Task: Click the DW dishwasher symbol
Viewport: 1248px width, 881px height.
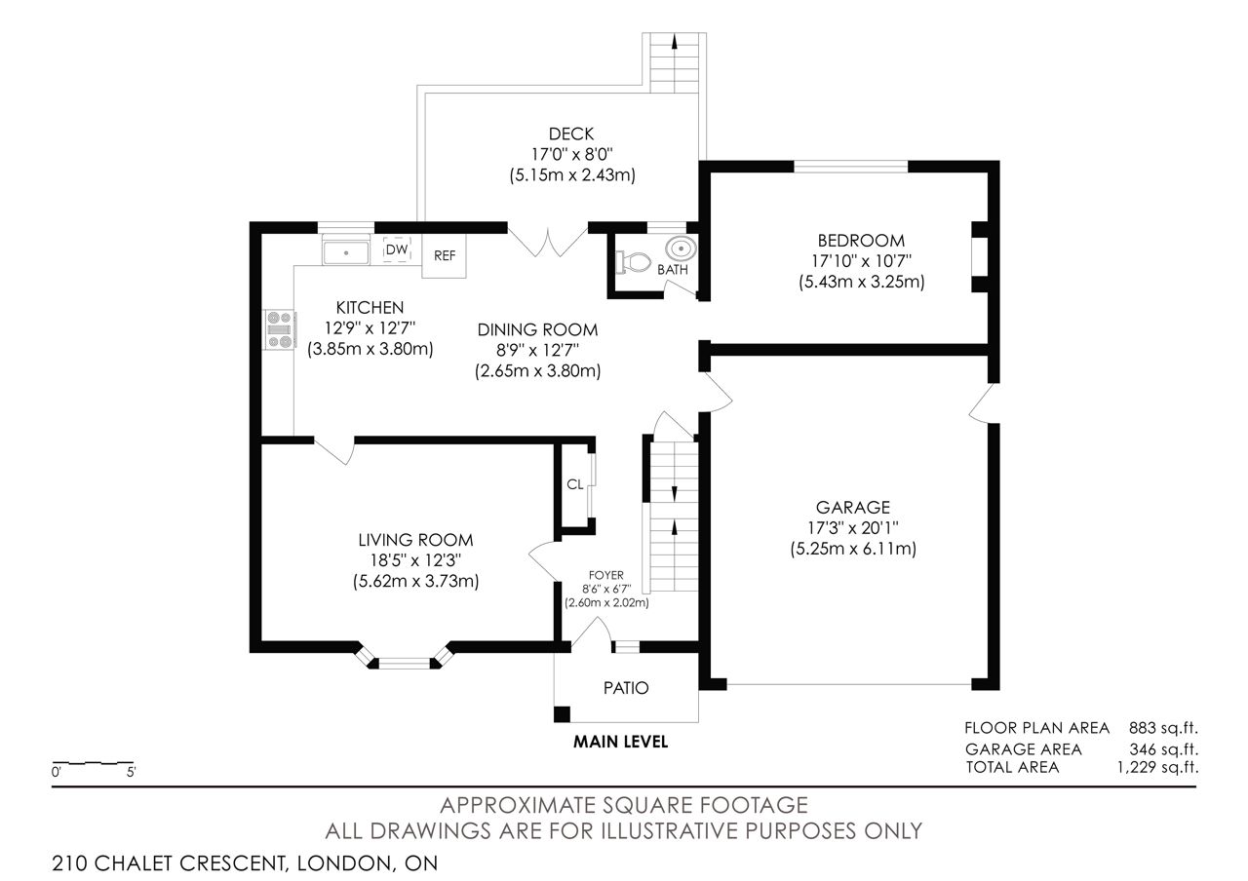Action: click(397, 249)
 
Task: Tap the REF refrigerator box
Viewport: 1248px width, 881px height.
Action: click(444, 255)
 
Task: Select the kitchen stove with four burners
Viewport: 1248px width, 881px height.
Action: click(280, 329)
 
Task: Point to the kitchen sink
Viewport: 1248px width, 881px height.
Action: click(346, 252)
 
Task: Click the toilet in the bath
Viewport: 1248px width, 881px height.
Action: click(634, 262)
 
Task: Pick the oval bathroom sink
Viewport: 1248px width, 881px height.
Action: click(682, 248)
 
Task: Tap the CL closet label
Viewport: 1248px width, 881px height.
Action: click(574, 484)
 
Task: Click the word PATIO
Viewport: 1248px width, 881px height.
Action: click(626, 688)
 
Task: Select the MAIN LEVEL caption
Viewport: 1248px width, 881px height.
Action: click(621, 742)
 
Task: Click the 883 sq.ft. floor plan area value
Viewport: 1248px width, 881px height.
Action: click(1163, 728)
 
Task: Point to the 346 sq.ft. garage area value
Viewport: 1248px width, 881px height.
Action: click(1164, 749)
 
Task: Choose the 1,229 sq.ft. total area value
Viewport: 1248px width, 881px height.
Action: click(1157, 767)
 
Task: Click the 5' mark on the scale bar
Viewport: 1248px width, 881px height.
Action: click(132, 773)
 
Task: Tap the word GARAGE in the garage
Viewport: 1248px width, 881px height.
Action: click(853, 508)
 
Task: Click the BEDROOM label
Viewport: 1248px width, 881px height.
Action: click(861, 241)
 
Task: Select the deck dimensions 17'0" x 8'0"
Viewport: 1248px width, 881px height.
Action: click(572, 154)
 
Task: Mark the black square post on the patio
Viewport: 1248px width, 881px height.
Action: click(563, 714)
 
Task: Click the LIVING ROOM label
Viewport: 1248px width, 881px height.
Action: click(415, 540)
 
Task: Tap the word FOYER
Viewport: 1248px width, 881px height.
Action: click(606, 575)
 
